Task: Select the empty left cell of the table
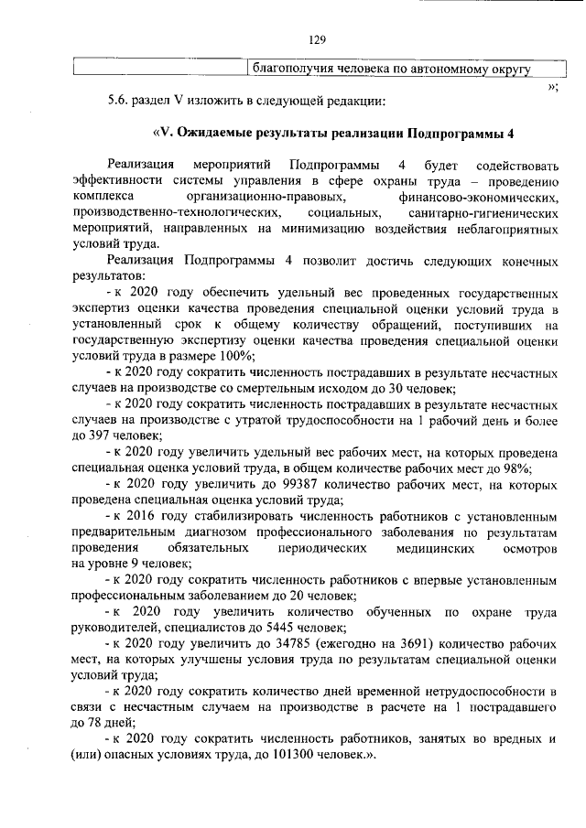(x=160, y=68)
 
